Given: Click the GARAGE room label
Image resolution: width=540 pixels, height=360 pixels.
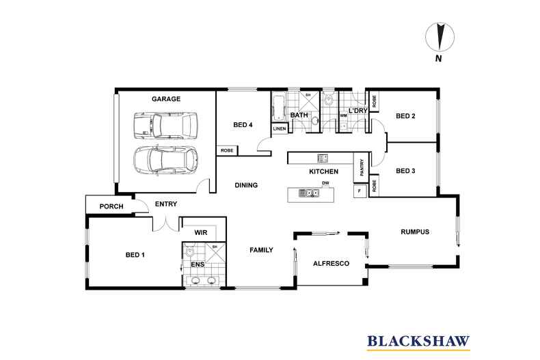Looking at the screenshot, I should tap(166, 99).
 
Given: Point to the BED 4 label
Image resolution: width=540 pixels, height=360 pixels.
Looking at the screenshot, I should tap(243, 124).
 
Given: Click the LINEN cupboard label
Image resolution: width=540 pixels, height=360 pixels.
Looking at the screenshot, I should tap(279, 128).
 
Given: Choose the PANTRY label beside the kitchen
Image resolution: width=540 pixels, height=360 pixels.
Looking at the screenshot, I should tap(362, 168).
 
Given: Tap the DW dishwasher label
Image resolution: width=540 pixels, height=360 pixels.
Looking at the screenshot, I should tap(326, 184).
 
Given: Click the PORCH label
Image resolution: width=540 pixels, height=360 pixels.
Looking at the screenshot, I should tap(111, 206).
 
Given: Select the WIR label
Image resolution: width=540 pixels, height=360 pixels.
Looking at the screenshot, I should tap(200, 232).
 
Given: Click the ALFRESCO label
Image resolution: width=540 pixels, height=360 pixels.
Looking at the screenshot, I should tap(331, 263).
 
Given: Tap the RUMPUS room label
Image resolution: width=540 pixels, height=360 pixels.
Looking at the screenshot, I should tap(414, 232).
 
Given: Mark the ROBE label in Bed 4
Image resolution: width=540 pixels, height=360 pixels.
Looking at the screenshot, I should tap(226, 150).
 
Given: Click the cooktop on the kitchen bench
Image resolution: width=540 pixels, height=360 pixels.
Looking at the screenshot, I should tap(323, 158).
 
